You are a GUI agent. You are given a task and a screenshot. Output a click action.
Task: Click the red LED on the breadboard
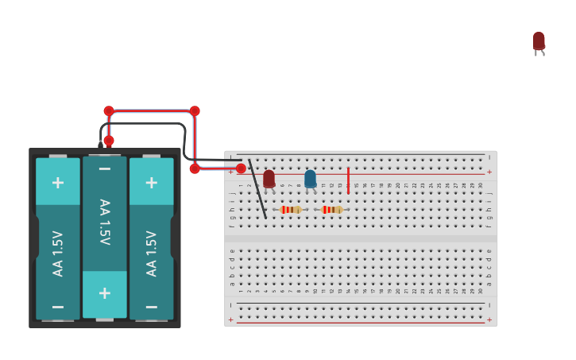(x=269, y=179)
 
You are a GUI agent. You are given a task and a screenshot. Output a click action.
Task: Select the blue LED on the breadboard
(x=310, y=179)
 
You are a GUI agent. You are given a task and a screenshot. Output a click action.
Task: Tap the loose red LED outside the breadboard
(x=539, y=41)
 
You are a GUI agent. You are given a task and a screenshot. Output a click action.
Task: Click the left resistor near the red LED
(x=291, y=210)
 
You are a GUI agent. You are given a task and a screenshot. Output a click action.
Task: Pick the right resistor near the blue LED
(x=332, y=210)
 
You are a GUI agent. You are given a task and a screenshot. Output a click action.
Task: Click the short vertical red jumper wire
(x=348, y=180)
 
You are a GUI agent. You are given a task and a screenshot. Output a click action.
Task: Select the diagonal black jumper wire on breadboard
(x=257, y=189)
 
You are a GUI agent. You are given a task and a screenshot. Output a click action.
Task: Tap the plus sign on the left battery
(x=58, y=182)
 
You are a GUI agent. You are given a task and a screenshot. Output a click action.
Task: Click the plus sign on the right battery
(x=151, y=182)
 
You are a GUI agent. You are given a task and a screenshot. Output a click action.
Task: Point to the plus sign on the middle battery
(x=105, y=292)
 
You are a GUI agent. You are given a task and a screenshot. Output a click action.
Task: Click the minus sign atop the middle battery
(x=105, y=169)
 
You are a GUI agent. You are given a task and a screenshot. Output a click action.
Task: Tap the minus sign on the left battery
(x=58, y=306)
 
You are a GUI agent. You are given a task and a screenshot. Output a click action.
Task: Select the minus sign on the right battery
(x=151, y=306)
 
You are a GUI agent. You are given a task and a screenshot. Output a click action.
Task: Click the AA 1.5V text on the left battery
(x=58, y=253)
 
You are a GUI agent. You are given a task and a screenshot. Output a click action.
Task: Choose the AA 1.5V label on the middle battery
(x=105, y=222)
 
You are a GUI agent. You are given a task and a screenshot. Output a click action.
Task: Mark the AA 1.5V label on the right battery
(x=151, y=253)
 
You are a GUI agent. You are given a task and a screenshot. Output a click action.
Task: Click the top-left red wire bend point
(x=109, y=111)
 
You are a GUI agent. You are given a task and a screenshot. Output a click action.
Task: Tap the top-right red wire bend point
(x=195, y=111)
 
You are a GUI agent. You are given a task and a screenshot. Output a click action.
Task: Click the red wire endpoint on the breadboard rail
(x=241, y=168)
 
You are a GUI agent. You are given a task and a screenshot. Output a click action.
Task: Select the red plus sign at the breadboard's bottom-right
(x=489, y=319)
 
